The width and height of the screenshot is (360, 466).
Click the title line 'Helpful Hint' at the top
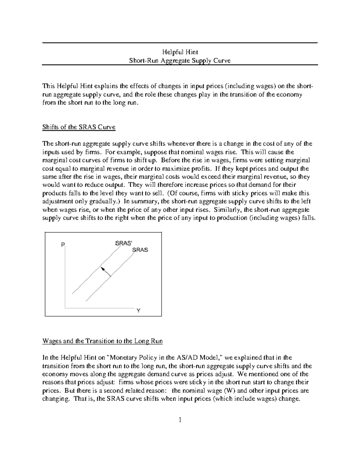click(180, 52)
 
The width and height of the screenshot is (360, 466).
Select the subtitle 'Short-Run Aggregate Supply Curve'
click(180, 61)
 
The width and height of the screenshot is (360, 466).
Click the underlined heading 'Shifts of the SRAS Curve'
click(79, 127)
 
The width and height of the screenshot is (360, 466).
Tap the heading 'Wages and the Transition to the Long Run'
click(103, 341)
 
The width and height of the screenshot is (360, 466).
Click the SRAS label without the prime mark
click(140, 250)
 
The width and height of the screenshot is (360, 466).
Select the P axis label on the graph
click(63, 245)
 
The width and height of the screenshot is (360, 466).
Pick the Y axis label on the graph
click(139, 311)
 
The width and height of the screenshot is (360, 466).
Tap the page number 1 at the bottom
click(180, 420)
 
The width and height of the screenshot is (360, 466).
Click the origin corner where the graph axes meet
click(65, 308)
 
